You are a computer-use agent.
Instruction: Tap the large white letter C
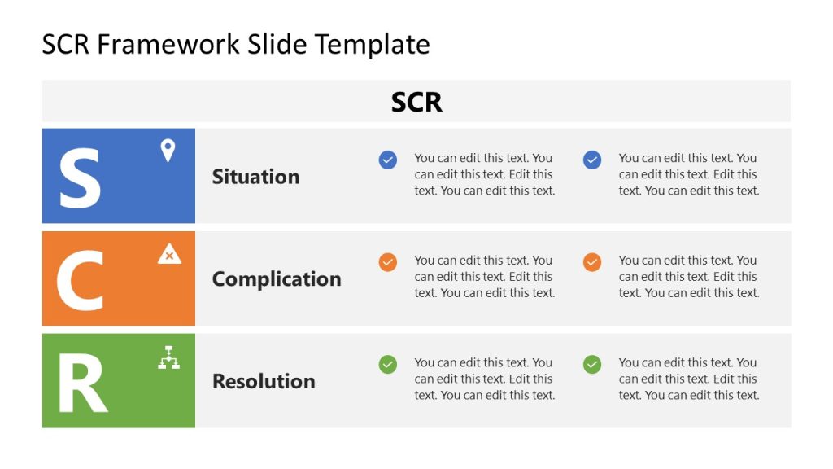[81, 279]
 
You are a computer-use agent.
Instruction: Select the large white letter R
[82, 383]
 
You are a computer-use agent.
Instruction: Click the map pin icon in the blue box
[168, 151]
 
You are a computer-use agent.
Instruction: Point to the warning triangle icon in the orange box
[169, 254]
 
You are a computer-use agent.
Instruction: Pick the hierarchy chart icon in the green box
[168, 357]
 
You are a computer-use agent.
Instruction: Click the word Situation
[255, 177]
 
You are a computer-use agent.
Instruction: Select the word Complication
[277, 279]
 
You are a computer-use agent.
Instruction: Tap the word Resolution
[264, 381]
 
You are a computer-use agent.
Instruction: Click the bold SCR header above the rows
[416, 102]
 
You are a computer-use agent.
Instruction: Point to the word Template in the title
[373, 44]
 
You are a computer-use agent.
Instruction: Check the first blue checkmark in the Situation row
[388, 160]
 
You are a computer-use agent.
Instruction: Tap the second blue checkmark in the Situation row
[592, 160]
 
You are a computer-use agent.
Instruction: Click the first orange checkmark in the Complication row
[388, 262]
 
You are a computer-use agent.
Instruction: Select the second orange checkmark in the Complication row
[592, 262]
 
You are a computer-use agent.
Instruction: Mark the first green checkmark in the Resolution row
[388, 365]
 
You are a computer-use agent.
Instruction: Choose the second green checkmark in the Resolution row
[592, 365]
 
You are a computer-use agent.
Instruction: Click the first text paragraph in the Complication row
[484, 277]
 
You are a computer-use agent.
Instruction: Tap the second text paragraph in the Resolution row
[688, 379]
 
